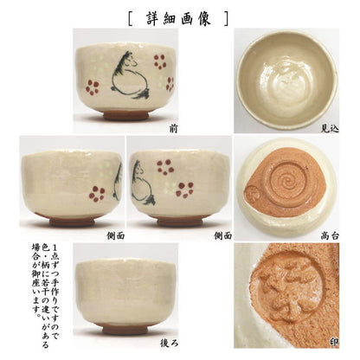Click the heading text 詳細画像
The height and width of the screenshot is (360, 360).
180,16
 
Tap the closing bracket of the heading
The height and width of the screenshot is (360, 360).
228,16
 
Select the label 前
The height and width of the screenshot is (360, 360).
176,126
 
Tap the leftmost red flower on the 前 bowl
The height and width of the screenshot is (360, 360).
93,87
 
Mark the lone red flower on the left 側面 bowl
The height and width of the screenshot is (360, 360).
96,192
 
